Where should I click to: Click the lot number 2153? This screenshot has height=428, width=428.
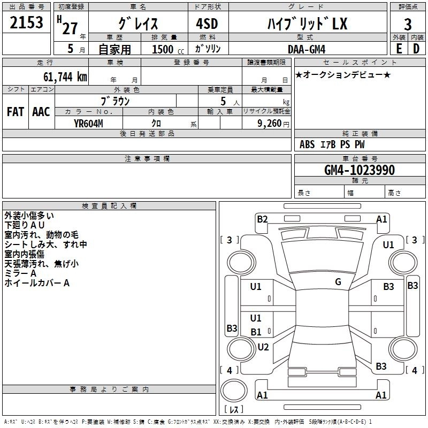[x=26, y=22]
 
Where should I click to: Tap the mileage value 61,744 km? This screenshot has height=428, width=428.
[x=65, y=77]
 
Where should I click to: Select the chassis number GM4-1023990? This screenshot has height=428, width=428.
[x=360, y=170]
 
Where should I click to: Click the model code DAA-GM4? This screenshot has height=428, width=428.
[x=307, y=49]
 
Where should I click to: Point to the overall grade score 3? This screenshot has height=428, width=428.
[x=408, y=25]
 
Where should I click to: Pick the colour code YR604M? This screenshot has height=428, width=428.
[x=88, y=124]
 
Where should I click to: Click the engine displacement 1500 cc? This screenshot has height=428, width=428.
[x=168, y=49]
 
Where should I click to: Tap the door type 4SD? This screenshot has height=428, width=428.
[x=207, y=24]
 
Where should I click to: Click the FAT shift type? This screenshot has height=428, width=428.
[x=16, y=112]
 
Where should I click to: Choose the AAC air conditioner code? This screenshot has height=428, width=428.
[x=41, y=112]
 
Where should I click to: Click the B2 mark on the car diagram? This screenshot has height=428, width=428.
[x=262, y=219]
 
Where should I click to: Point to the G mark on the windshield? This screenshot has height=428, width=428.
[x=338, y=281]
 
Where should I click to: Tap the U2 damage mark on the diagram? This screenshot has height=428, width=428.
[x=263, y=347]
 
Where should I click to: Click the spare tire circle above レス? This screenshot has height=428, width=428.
[x=234, y=390]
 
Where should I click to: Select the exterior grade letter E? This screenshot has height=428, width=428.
[x=399, y=49]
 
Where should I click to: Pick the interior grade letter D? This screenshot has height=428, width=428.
[x=416, y=49]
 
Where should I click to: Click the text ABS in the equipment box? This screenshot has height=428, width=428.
[x=307, y=144]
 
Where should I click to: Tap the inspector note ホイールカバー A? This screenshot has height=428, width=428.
[x=37, y=283]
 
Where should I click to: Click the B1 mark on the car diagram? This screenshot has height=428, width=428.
[x=256, y=332]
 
